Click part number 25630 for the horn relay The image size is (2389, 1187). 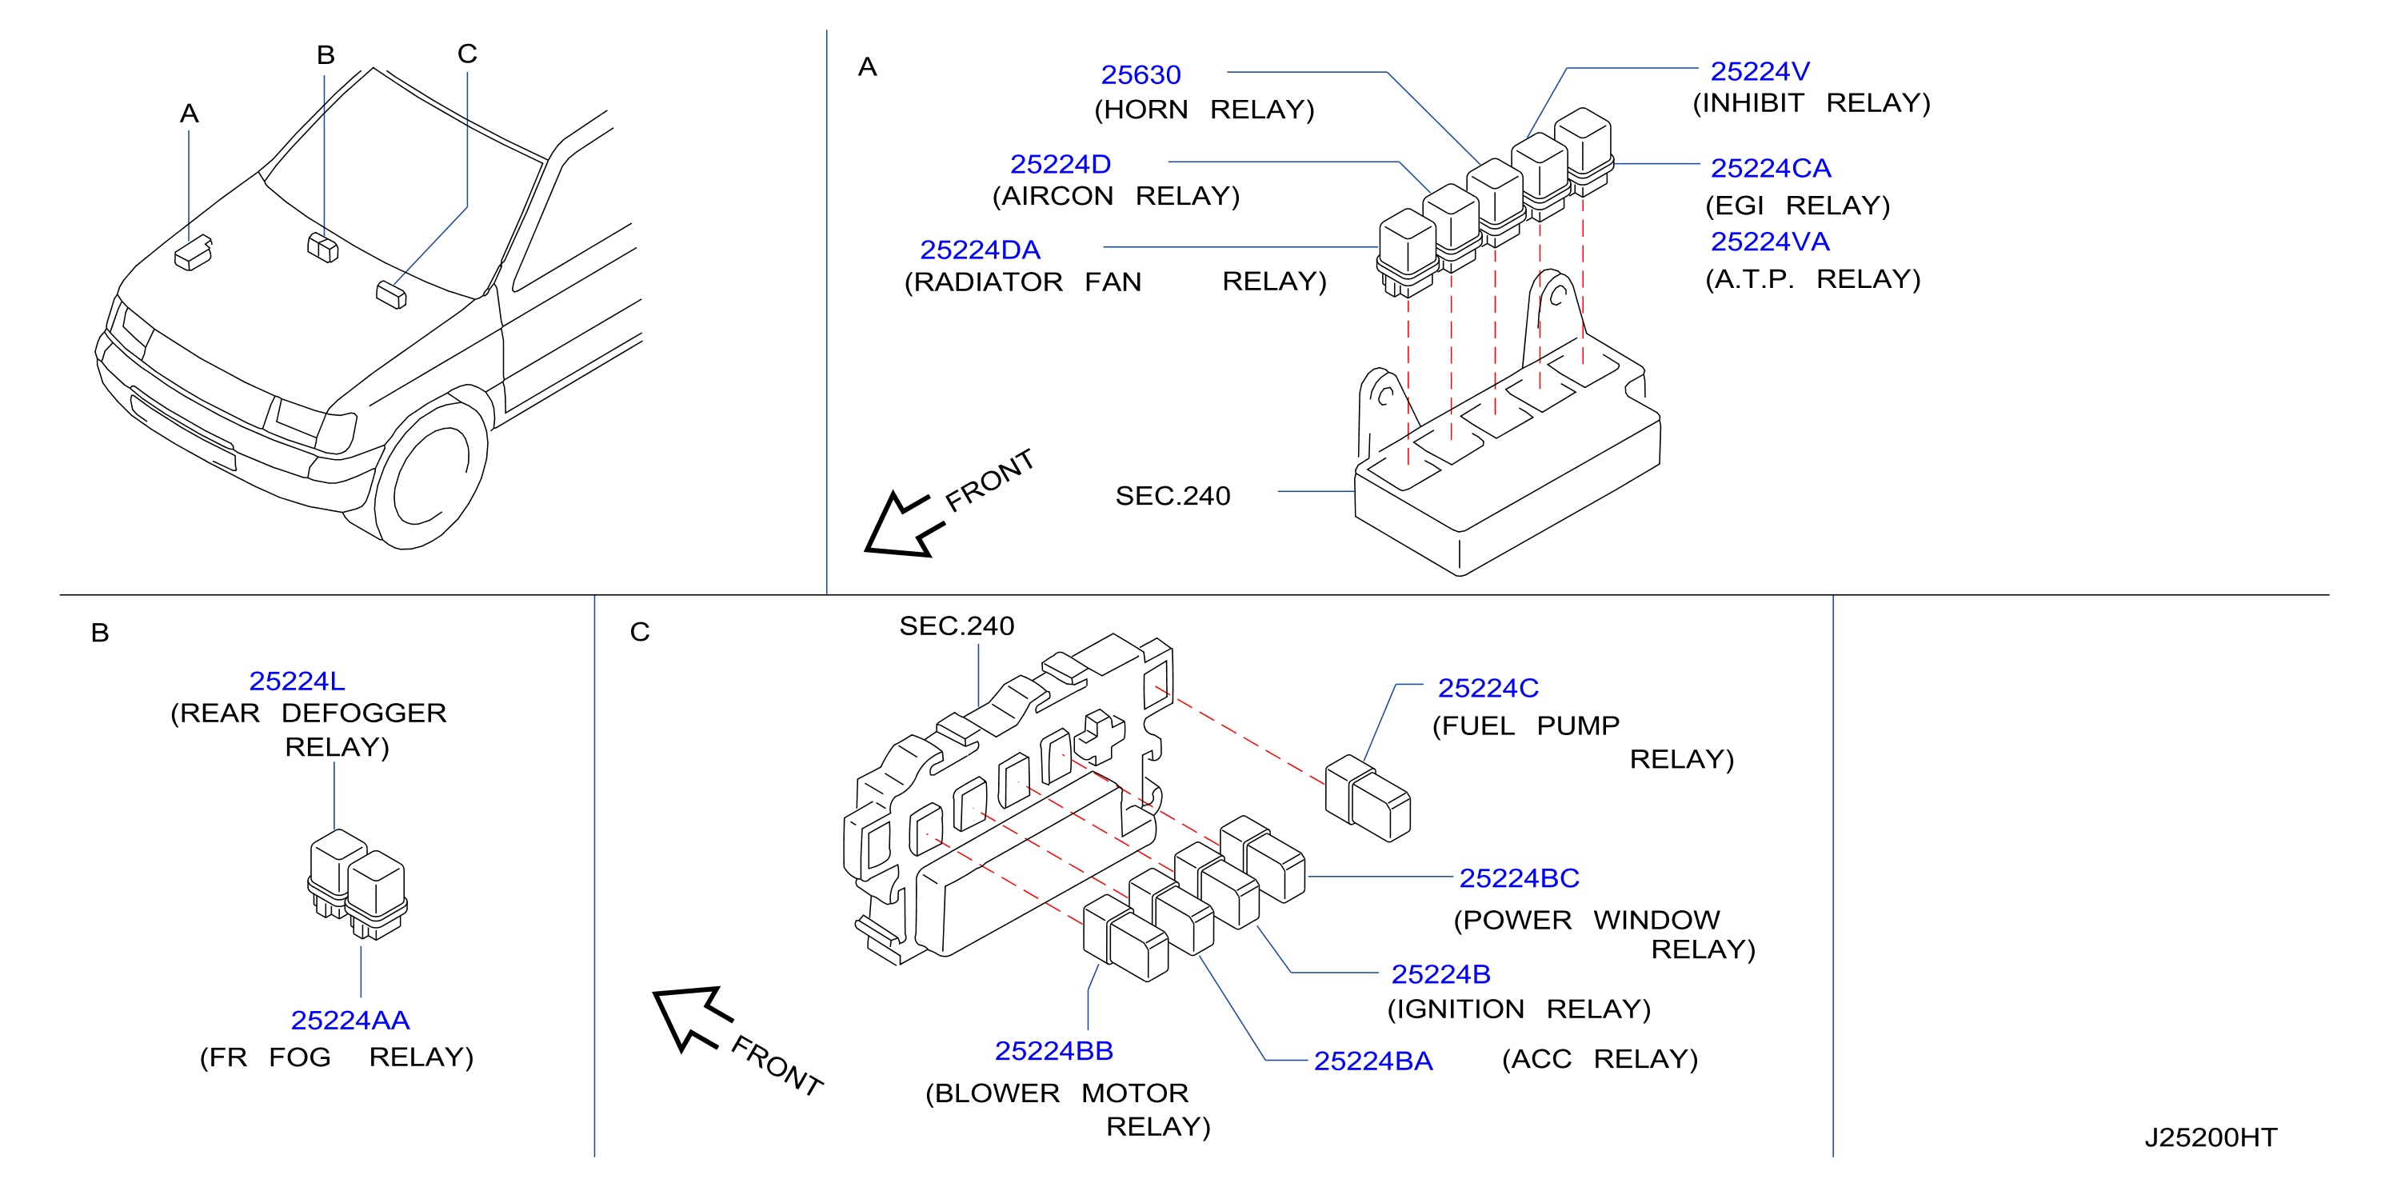click(1140, 74)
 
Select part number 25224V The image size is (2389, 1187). click(1760, 71)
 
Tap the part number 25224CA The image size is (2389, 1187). click(1771, 168)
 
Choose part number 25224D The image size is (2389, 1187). click(1060, 164)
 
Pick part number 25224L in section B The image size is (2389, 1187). click(297, 681)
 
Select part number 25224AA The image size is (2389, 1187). click(350, 1020)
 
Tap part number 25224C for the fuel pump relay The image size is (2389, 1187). click(1488, 688)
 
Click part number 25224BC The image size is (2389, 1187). click(1519, 877)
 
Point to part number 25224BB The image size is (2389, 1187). click(1053, 1051)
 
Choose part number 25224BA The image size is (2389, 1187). click(1372, 1061)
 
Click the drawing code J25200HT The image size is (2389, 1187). click(2210, 1138)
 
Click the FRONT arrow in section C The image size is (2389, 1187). click(692, 1017)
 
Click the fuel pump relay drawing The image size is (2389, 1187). click(1367, 798)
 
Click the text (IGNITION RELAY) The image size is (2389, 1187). click(1518, 1009)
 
